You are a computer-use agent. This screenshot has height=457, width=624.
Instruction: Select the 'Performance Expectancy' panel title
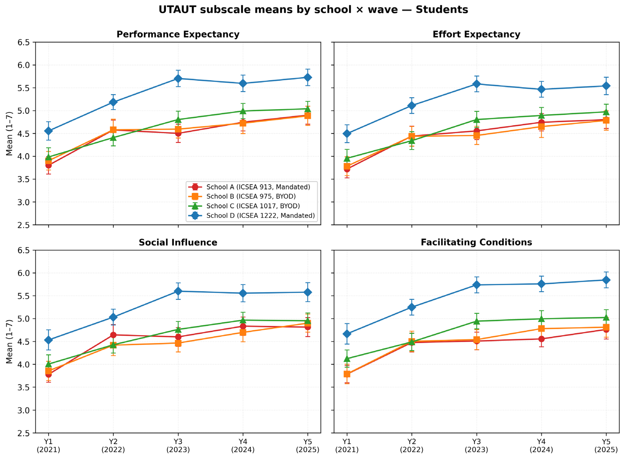(178, 34)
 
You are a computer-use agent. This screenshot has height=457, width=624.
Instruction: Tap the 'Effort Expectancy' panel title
(476, 34)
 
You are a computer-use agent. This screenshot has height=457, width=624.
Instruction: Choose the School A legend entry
(251, 187)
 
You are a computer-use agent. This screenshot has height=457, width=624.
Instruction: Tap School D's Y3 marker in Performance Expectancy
(178, 79)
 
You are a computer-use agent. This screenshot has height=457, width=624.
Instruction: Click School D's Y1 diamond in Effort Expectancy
(347, 134)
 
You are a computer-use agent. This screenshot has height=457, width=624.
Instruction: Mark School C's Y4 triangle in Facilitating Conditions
(541, 319)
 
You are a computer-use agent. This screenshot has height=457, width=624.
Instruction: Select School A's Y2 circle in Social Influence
(113, 335)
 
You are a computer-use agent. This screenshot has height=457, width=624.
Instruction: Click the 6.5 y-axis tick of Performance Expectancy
(24, 42)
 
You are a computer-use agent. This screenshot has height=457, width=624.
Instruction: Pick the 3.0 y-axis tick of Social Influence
(24, 410)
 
